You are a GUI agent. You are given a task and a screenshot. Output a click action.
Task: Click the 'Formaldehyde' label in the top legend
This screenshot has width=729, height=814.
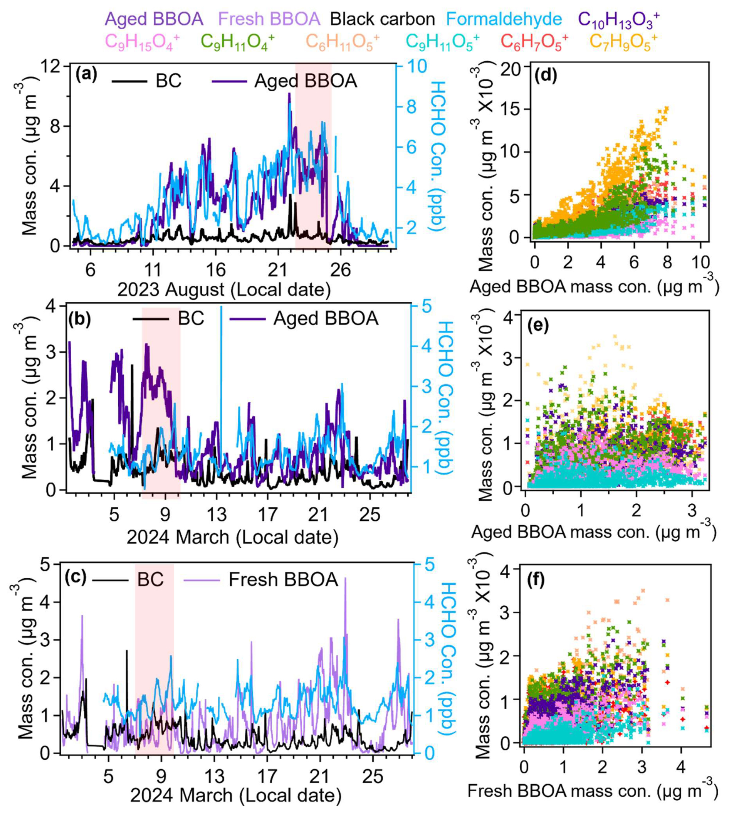click(x=504, y=19)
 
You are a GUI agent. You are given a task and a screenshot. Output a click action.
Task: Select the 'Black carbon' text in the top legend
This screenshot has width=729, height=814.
click(x=383, y=19)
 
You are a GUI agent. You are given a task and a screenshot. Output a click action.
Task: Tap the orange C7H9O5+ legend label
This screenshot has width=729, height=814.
click(x=623, y=42)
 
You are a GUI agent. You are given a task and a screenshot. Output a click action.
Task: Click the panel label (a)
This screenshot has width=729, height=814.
click(x=87, y=74)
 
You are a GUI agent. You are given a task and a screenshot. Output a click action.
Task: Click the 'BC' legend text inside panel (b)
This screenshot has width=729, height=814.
click(x=191, y=318)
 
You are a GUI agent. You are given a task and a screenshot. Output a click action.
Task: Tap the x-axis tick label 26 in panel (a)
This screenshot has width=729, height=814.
click(x=341, y=270)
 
